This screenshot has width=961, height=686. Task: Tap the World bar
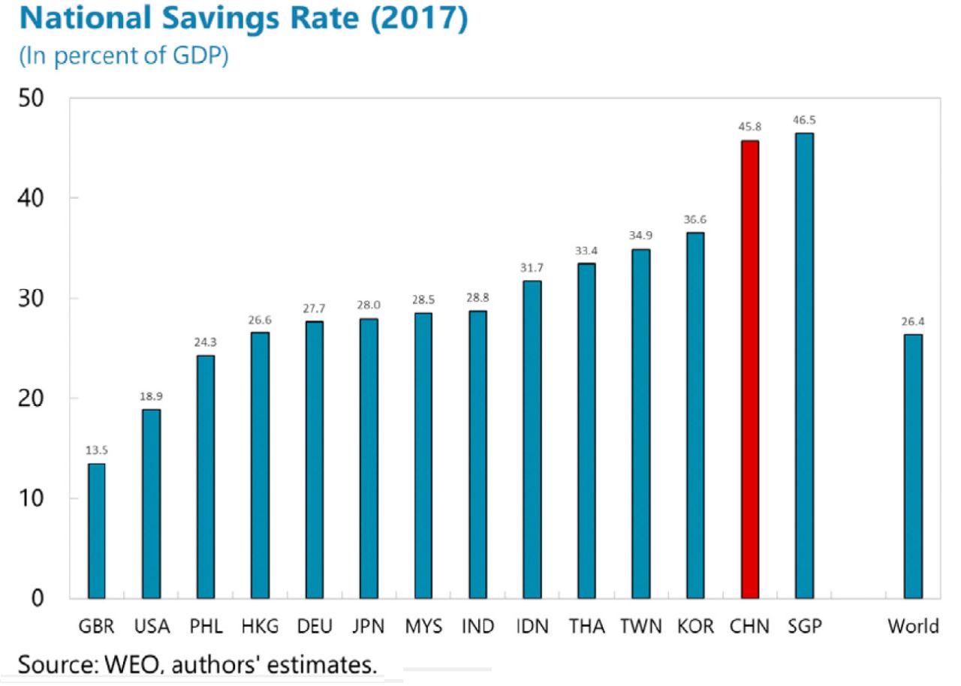913,466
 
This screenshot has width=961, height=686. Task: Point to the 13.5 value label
96,450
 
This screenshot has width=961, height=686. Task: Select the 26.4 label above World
913,322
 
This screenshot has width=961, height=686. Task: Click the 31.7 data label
532,268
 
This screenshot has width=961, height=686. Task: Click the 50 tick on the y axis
33,98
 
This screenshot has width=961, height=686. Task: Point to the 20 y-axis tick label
33,398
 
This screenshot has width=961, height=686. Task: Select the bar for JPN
369,459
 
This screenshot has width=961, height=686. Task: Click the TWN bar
640,424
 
